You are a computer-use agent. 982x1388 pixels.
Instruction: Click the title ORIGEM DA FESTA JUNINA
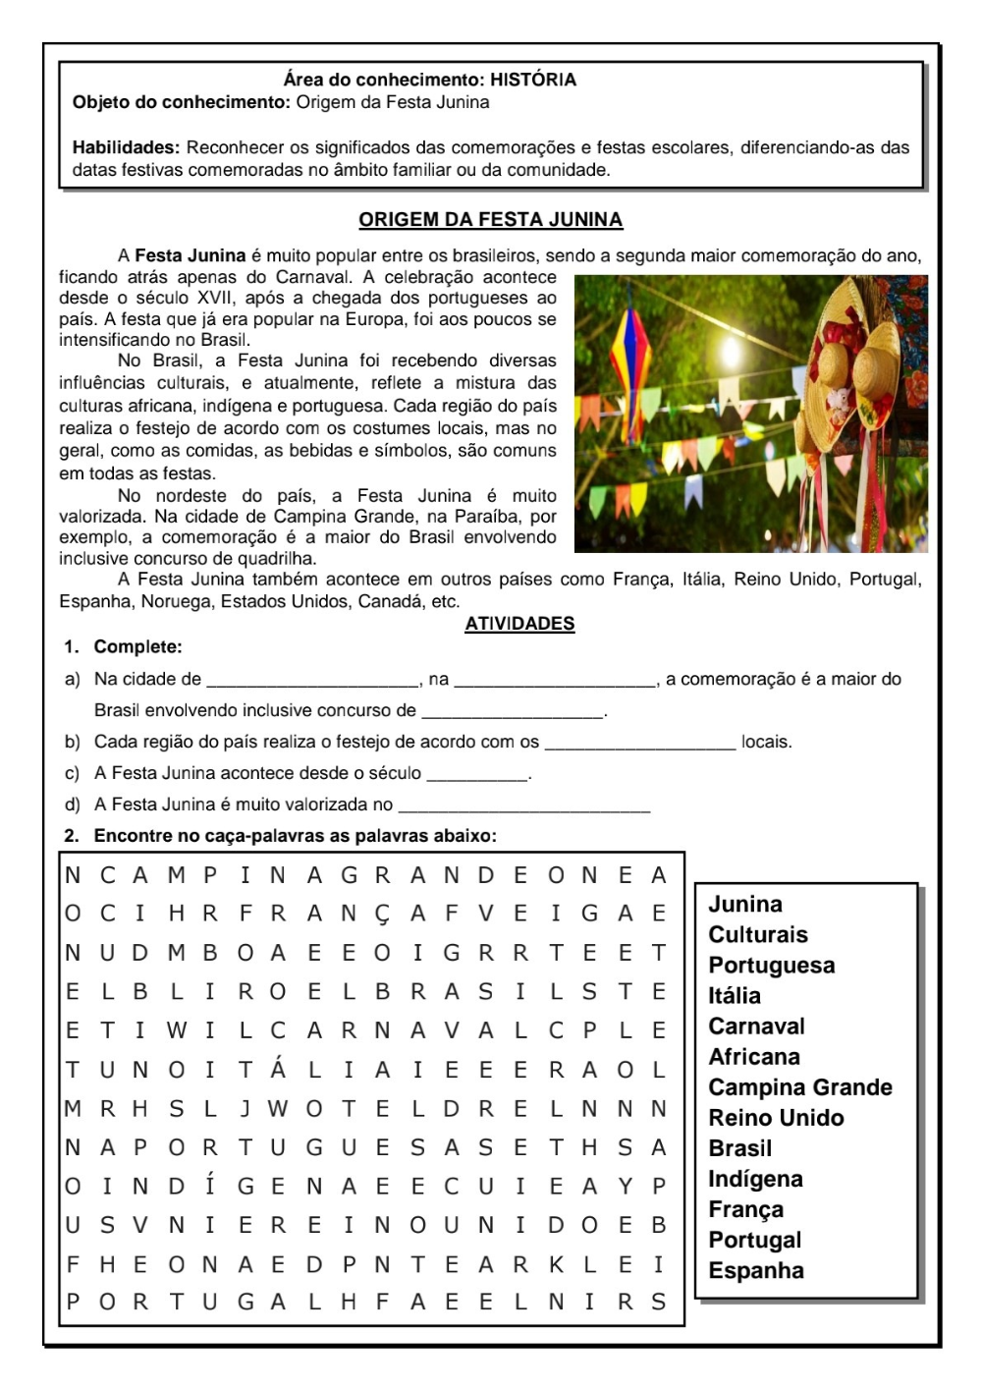[x=490, y=219]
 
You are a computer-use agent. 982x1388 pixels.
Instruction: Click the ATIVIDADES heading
[x=519, y=624]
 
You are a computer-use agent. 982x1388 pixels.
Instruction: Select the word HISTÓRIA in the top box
[x=533, y=80]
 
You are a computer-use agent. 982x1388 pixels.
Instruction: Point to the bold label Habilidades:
[x=126, y=148]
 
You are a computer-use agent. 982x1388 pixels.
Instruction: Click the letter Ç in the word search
[x=382, y=914]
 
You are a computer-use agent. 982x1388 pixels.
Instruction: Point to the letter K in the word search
[x=556, y=1264]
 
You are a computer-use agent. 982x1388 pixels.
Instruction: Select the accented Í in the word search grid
[x=209, y=1187]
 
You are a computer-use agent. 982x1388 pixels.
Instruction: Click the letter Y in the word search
[x=626, y=1187]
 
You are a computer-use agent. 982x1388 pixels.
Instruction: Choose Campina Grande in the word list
[x=800, y=1087]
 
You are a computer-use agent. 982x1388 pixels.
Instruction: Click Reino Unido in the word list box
[x=776, y=1118]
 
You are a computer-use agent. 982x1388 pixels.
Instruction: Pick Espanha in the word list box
[x=756, y=1270]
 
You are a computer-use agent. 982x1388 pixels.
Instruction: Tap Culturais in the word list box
[x=758, y=934]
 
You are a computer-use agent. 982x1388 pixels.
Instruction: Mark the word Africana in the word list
[x=754, y=1057]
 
